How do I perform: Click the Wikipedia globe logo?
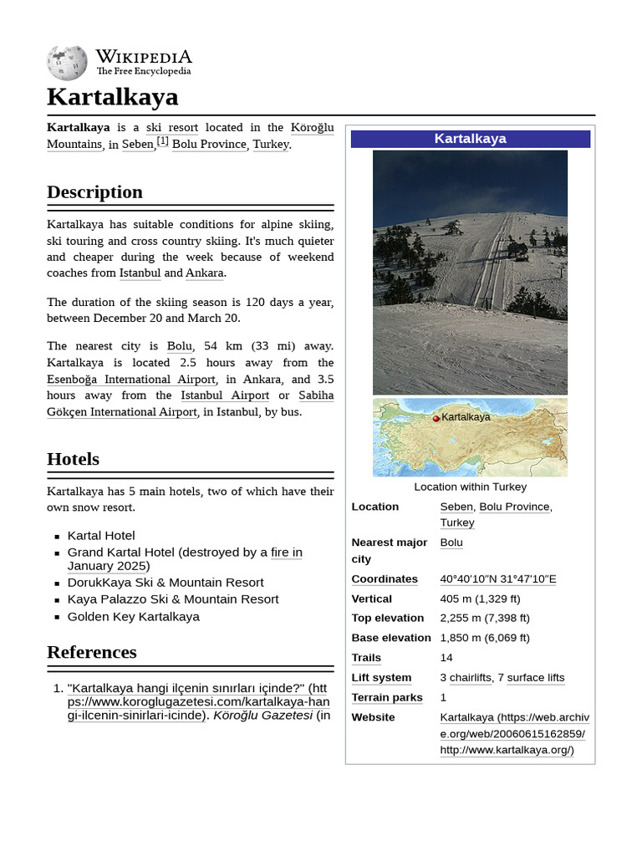[67, 63]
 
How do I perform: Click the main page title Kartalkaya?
[112, 97]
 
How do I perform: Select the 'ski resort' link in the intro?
[172, 127]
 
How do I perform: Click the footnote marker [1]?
[163, 141]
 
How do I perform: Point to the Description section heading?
[94, 192]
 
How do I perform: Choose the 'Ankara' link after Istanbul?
[205, 273]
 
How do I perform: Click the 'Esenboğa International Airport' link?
[131, 380]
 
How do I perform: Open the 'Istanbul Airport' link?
[225, 395]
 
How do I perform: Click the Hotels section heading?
[73, 459]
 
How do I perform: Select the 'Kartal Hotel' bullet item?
[101, 536]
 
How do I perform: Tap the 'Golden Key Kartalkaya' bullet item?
[134, 617]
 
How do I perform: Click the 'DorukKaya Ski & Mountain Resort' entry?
[166, 583]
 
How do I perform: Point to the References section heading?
[91, 652]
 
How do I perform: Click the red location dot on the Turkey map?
[436, 418]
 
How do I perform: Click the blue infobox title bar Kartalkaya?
[470, 139]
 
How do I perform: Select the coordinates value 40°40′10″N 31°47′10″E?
[497, 579]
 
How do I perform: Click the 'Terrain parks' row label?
[387, 697]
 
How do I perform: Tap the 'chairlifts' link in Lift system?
[471, 678]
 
